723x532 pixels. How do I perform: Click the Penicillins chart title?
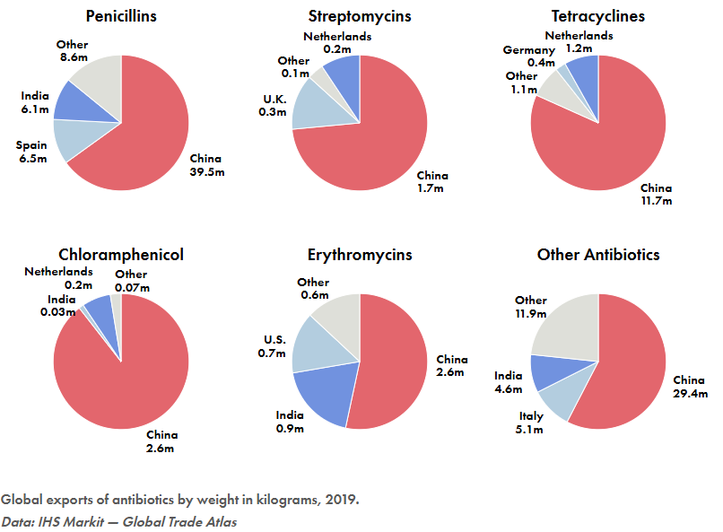click(x=121, y=16)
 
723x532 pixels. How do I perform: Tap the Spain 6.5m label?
click(x=32, y=152)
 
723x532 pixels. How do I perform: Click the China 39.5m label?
click(x=207, y=165)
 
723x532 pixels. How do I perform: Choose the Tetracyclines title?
click(x=598, y=16)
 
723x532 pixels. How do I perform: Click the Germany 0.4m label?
click(x=529, y=56)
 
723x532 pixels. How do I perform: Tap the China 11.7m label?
click(x=656, y=194)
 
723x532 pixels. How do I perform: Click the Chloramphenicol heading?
click(x=121, y=255)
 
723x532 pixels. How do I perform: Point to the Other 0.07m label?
click(x=132, y=281)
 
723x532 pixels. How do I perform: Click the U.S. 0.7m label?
click(x=272, y=346)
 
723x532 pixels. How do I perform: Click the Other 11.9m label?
click(x=531, y=307)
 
